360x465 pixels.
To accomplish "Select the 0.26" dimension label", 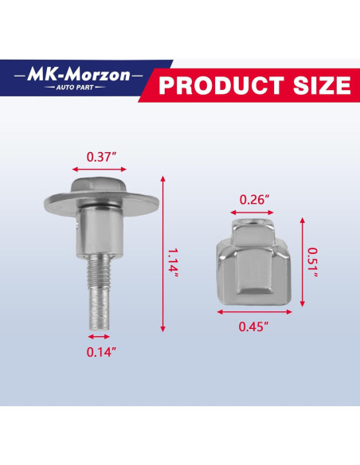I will click(x=255, y=199).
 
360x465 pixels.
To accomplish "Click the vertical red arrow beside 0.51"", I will click(x=303, y=261).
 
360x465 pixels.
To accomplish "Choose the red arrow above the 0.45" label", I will click(x=255, y=312).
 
